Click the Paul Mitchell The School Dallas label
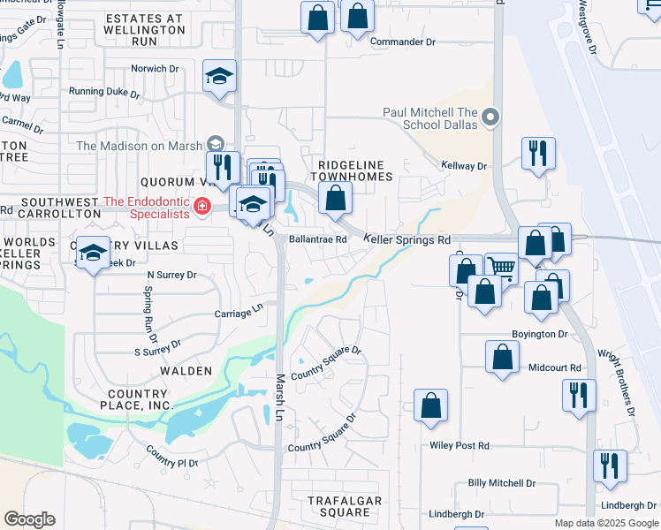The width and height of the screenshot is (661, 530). pyautogui.click(x=430, y=118)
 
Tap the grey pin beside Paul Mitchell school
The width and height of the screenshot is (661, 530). pyautogui.click(x=493, y=117)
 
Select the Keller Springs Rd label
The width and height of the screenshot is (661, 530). pyautogui.click(x=407, y=239)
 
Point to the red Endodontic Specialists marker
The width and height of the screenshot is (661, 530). pyautogui.click(x=202, y=207)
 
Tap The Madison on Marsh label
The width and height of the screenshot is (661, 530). pyautogui.click(x=140, y=146)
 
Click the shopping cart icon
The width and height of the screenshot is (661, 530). pyautogui.click(x=502, y=267)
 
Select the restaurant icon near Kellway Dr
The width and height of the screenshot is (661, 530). pyautogui.click(x=537, y=154)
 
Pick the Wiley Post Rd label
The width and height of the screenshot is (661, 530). pyautogui.click(x=459, y=446)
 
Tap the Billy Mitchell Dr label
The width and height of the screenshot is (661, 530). pyautogui.click(x=502, y=483)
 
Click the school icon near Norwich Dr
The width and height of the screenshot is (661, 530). pyautogui.click(x=219, y=76)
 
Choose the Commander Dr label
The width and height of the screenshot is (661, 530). pyautogui.click(x=403, y=42)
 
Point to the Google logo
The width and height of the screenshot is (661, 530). pyautogui.click(x=29, y=519)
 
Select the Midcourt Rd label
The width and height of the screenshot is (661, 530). pyautogui.click(x=554, y=367)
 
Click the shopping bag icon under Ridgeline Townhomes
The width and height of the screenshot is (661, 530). pyautogui.click(x=334, y=199)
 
